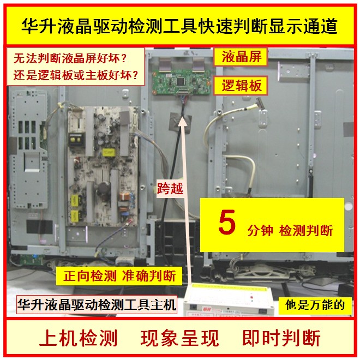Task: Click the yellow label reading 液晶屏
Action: pos(241,57)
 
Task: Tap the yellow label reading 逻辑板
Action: pos(241,86)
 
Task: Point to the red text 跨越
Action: pos(170,189)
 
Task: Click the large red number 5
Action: pos(227,222)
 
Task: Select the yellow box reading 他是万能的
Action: pos(315,305)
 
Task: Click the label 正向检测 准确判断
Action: pos(119,276)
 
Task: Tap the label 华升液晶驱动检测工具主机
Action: pos(97,305)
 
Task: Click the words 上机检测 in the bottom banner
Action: pos(79,338)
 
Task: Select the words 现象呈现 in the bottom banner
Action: pos(180,338)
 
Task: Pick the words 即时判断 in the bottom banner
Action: pos(281,338)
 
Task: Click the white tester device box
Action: pos(229,300)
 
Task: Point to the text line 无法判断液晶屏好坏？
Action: pos(70,58)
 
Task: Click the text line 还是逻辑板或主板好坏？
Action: pos(75,75)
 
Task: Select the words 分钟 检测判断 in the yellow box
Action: pos(290,230)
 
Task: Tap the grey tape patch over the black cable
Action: pos(180,123)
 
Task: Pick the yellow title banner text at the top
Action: pos(179,26)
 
